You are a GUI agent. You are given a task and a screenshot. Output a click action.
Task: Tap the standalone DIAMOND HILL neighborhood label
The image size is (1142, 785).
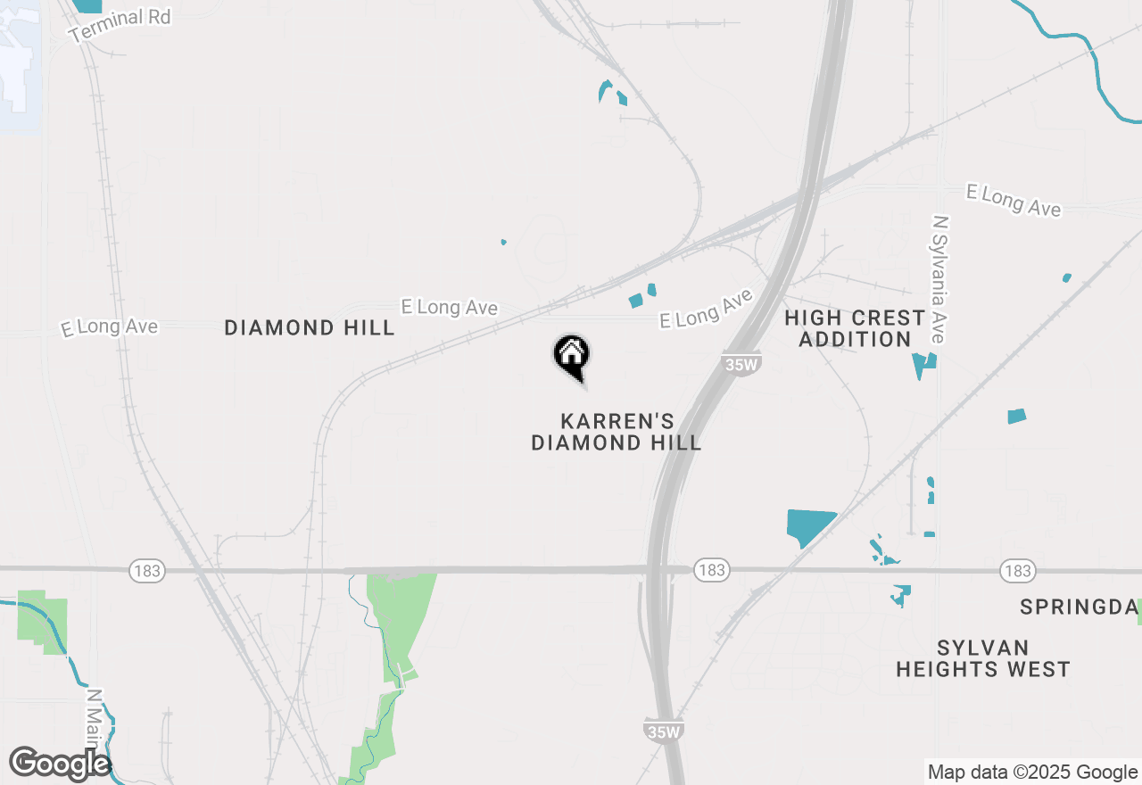tap(309, 328)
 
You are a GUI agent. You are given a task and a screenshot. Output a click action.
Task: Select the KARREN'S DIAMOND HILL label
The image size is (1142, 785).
tap(616, 432)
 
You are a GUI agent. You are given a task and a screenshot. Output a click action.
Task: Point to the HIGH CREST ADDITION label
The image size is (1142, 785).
tap(855, 328)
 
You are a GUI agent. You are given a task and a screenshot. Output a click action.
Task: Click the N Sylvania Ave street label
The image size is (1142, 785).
tap(939, 278)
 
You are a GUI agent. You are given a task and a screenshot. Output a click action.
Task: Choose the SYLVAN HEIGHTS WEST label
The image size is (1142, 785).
tap(983, 658)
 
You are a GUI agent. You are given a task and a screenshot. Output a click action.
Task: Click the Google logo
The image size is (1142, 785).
tap(60, 764)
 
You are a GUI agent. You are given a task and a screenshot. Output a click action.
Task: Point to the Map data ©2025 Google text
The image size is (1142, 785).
tap(1032, 773)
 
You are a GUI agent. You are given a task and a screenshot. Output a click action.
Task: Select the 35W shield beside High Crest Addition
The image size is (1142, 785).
tap(740, 363)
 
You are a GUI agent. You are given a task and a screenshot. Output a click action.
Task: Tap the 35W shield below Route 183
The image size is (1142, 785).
tap(663, 731)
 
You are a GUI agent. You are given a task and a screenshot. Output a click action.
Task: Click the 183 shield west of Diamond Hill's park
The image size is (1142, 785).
tap(146, 570)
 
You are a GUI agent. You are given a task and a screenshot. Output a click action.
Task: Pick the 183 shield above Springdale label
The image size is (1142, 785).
tap(1017, 570)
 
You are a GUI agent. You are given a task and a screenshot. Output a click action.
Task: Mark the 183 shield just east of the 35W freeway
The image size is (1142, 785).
tap(711, 570)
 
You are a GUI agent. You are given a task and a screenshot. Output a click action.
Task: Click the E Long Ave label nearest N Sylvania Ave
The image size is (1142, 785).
tap(1014, 201)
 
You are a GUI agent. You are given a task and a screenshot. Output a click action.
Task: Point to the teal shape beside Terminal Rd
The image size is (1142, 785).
tap(87, 5)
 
